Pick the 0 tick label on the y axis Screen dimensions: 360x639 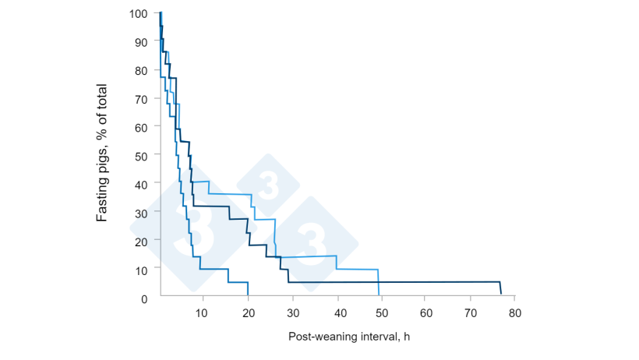point(144,298)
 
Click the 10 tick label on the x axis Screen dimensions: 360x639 point(202,312)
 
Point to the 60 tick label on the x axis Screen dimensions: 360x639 point(425,312)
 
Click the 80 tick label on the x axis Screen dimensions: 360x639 point(515,312)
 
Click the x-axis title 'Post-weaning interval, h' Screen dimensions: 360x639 point(348,337)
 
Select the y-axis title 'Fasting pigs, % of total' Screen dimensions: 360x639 point(102,154)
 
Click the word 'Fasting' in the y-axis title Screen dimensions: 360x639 point(102,199)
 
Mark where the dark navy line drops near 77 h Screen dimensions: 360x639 point(500,288)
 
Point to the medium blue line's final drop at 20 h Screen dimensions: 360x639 point(248,289)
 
